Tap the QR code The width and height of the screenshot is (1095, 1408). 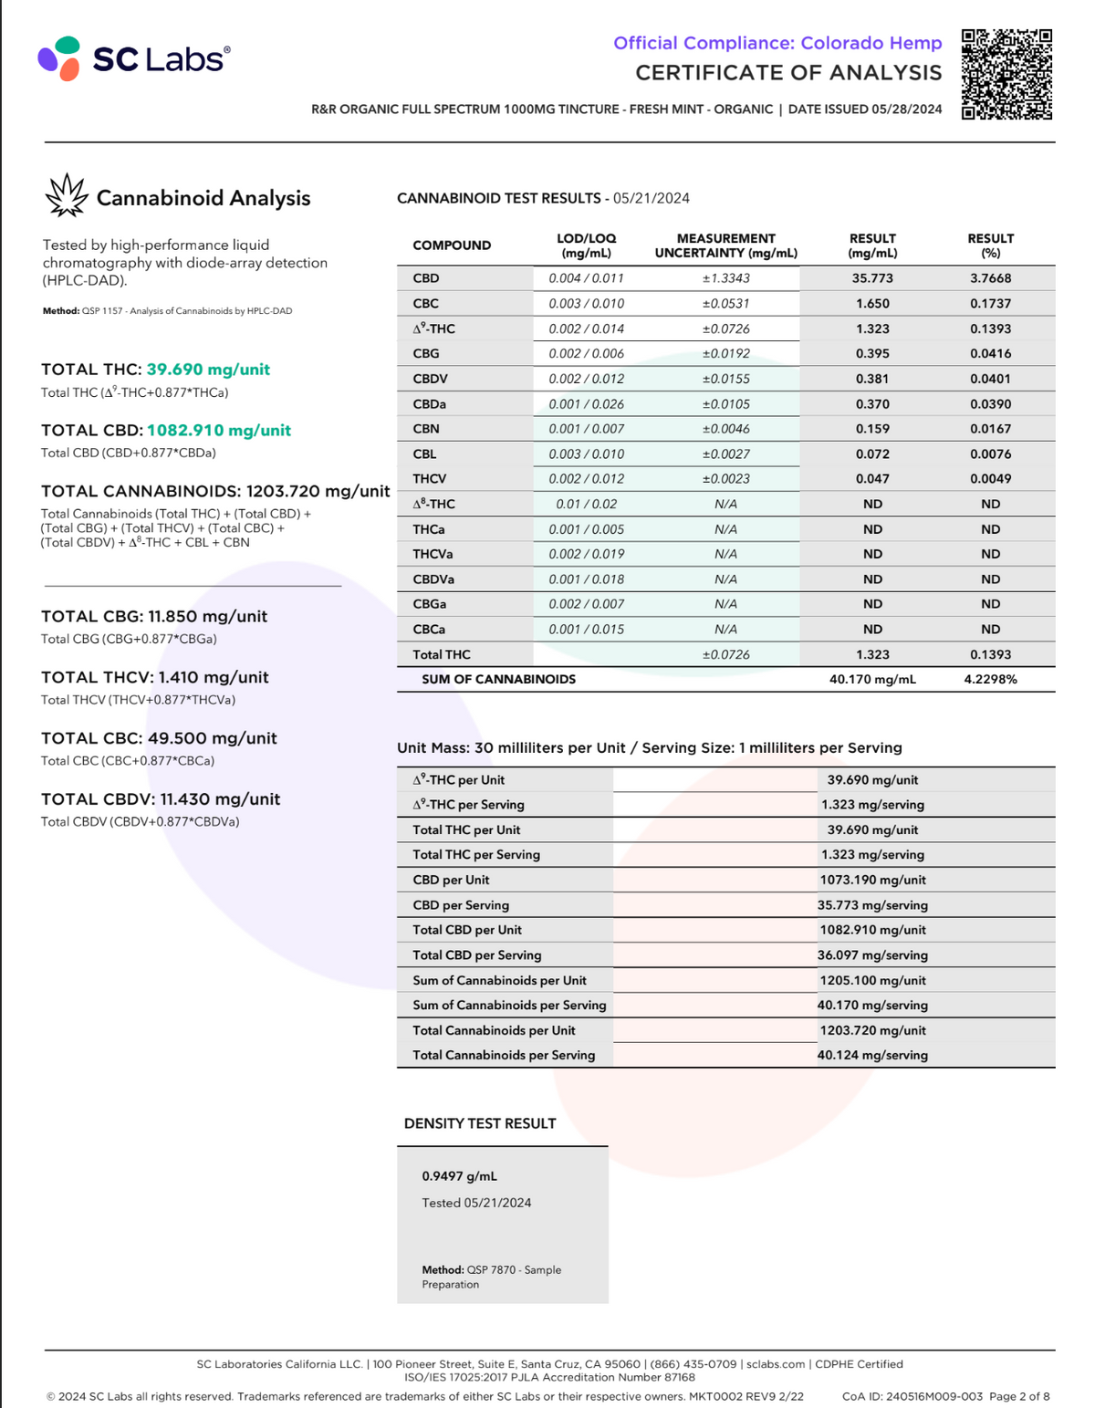click(1006, 75)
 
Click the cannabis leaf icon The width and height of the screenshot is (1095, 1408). click(66, 196)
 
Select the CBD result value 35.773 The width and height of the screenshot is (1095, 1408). click(872, 278)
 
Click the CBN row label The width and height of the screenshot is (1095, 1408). click(426, 429)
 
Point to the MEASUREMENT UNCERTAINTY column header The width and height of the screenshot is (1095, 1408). click(725, 245)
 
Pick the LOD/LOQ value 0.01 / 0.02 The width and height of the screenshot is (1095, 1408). click(586, 504)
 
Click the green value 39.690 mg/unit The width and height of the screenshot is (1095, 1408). click(208, 370)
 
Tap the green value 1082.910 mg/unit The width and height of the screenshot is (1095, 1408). click(219, 431)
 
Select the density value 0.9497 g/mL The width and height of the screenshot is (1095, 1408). click(460, 1176)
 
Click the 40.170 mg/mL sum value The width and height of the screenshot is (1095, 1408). click(872, 679)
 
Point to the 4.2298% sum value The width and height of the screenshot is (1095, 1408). click(990, 679)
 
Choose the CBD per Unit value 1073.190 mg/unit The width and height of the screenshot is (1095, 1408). click(872, 880)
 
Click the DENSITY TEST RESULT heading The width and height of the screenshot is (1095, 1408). click(480, 1123)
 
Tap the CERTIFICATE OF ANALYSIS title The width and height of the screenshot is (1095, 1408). click(788, 73)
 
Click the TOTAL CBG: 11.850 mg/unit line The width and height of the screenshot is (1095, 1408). click(154, 617)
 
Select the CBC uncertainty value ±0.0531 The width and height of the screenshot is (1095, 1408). click(725, 304)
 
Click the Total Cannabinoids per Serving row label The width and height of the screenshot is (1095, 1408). click(504, 1055)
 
